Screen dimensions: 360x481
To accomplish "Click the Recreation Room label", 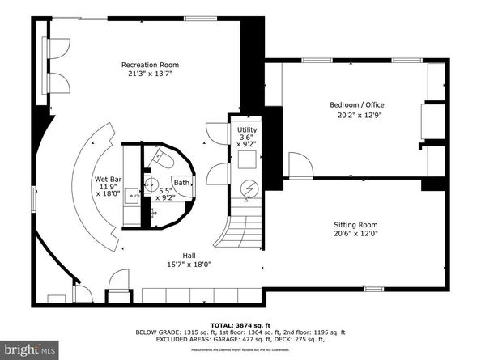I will point(150,65).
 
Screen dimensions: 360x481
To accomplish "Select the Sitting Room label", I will point(356,225).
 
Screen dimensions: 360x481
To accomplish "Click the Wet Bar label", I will point(108,179).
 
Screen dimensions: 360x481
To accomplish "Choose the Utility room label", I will point(247,129).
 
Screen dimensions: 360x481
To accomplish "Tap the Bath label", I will point(182,183).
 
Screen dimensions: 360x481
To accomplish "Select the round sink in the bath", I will point(150,184).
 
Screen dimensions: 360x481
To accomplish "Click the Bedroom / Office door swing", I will point(300,166).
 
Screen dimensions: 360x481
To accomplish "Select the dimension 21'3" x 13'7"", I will point(150,74).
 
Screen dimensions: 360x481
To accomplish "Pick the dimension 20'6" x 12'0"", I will point(356,234).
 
